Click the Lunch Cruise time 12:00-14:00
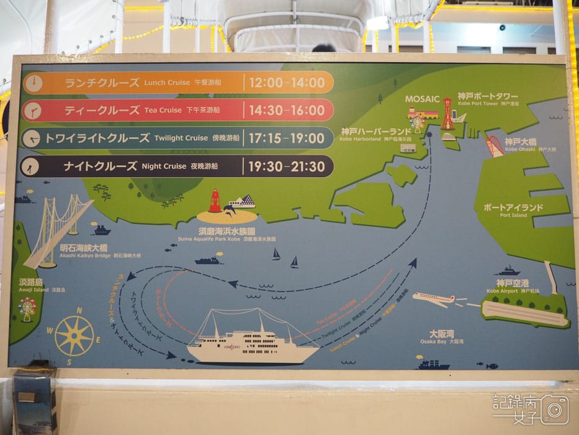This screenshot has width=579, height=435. tap(286, 82)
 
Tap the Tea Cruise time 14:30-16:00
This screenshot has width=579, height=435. tap(286, 110)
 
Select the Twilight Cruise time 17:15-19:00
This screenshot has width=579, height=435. tap(286, 138)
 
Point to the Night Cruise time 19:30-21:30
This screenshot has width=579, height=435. tap(286, 166)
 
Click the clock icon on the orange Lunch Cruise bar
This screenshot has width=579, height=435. tap(34, 82)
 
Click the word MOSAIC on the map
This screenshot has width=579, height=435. tap(422, 99)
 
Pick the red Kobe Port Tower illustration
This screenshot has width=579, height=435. tap(447, 114)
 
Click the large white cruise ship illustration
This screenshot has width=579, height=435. tap(251, 339)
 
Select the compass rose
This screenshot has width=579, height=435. tap(74, 336)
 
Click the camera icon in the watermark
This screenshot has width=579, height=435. tap(554, 410)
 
